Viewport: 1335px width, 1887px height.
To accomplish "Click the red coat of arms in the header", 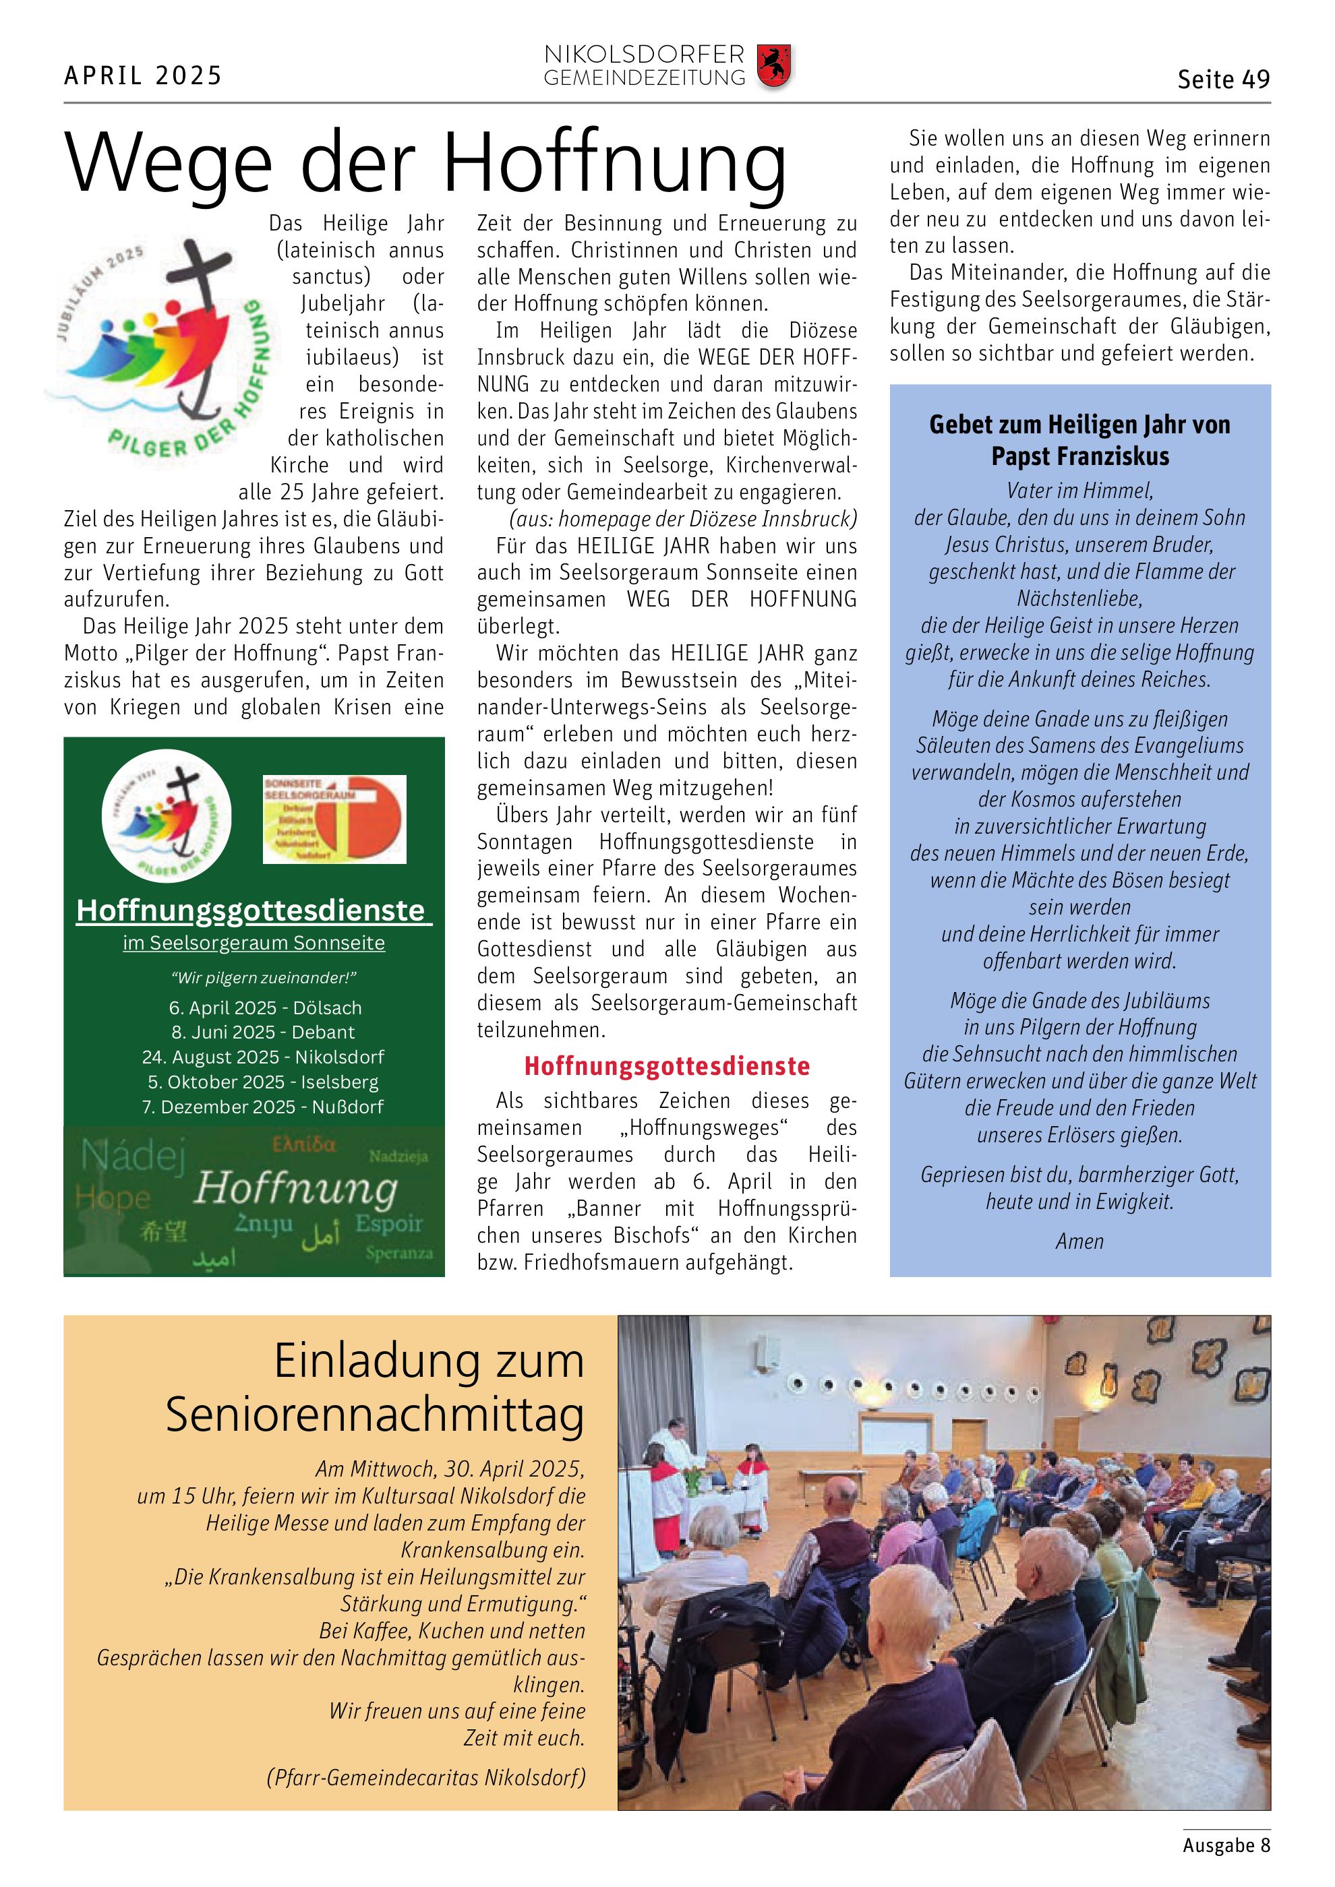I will tap(773, 67).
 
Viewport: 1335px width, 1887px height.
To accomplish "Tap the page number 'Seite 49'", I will tap(1223, 80).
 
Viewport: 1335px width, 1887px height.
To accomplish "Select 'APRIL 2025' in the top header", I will tap(143, 75).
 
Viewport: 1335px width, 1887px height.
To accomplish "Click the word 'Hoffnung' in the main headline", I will tap(614, 164).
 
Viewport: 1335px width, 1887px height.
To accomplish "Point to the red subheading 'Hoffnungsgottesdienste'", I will tap(667, 1066).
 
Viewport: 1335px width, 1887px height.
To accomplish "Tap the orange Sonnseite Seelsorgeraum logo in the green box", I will tap(334, 819).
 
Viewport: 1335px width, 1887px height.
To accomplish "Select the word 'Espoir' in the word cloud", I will tap(389, 1224).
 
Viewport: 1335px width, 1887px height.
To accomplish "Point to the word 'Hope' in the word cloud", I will tap(113, 1198).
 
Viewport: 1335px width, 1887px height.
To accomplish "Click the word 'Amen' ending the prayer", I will tap(1079, 1241).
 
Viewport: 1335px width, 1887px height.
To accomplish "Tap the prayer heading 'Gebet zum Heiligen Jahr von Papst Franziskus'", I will tap(1079, 439).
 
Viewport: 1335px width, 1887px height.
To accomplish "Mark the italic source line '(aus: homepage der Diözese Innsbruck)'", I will tap(682, 520).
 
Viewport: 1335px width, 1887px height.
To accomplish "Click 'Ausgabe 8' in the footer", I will tap(1226, 1845).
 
